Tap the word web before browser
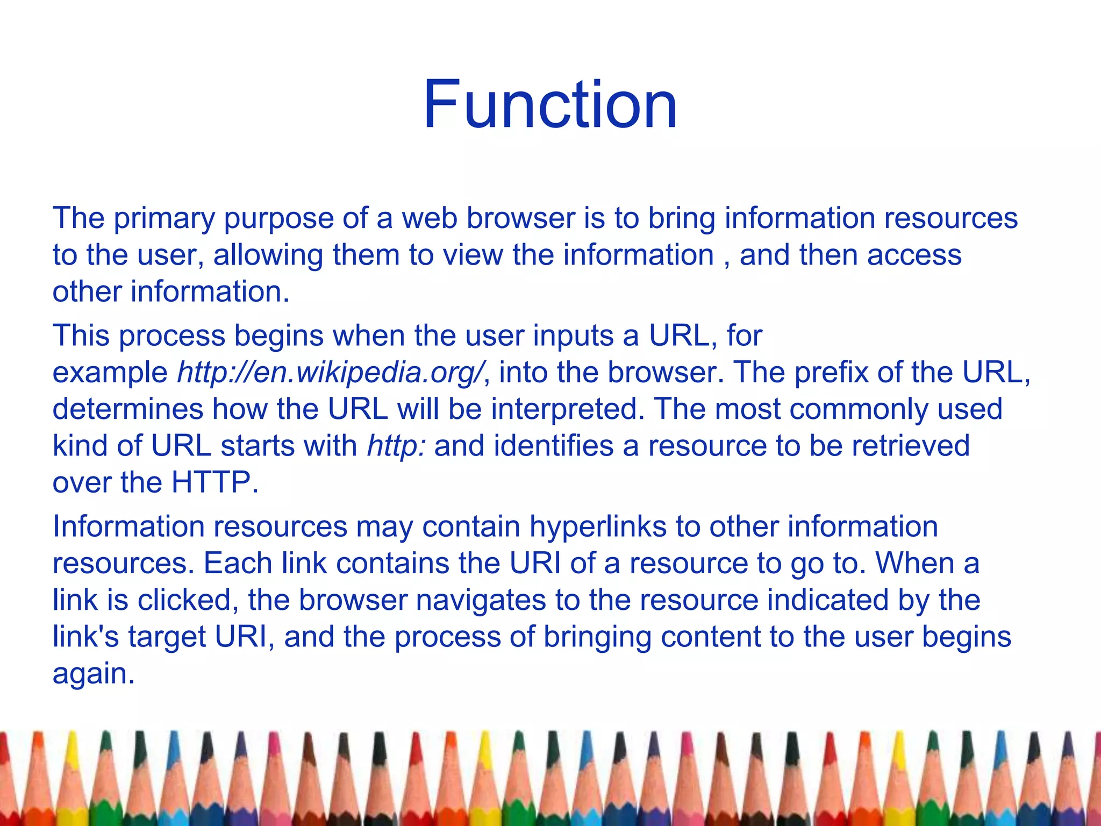click(430, 218)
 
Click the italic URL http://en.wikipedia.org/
click(331, 373)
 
